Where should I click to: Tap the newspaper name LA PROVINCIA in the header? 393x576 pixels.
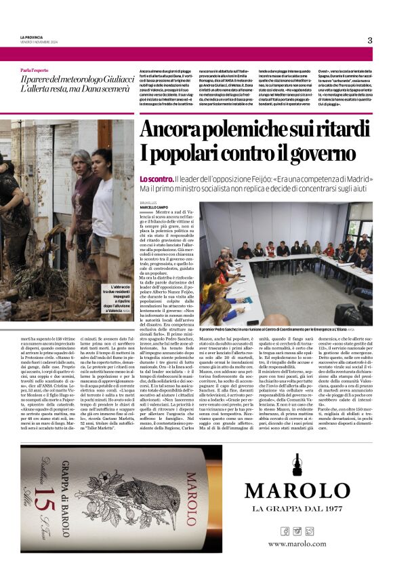tap(33, 37)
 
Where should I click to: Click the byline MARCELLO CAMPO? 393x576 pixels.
tap(155, 206)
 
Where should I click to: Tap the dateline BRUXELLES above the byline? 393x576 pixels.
tap(150, 201)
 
